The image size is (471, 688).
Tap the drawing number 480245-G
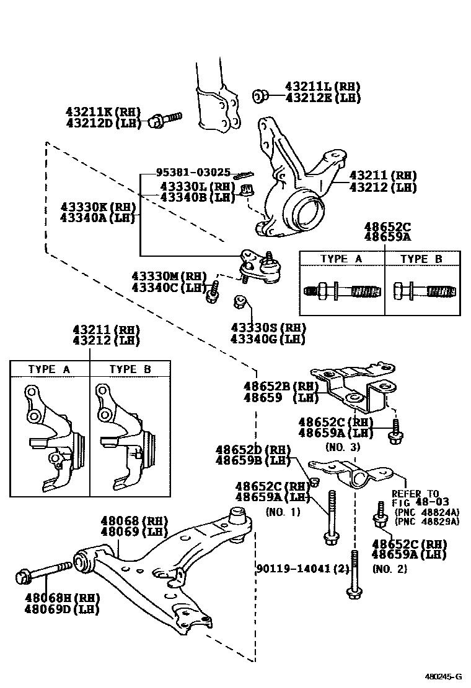coord(447,677)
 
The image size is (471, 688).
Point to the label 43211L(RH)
coord(322,87)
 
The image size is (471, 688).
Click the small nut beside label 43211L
coord(260,95)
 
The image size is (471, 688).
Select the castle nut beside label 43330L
coord(247,190)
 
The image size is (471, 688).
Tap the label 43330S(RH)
coord(268,327)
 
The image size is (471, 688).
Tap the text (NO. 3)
coord(338,445)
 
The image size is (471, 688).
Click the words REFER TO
coord(415,494)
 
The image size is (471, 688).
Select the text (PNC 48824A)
coord(426,512)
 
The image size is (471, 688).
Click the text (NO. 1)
coord(283,512)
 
